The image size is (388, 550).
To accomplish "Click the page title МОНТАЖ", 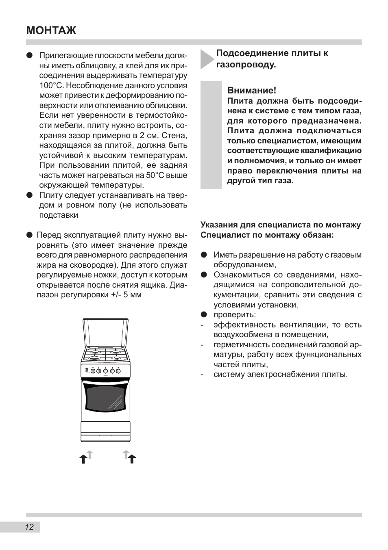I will pyautogui.click(x=51, y=30).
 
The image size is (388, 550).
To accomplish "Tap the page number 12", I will pyautogui.click(x=29, y=527).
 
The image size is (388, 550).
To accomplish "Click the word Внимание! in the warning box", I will pyautogui.click(x=251, y=90).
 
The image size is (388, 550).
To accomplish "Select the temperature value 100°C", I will pyautogui.click(x=52, y=85).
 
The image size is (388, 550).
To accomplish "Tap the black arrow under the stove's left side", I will pyautogui.click(x=83, y=459).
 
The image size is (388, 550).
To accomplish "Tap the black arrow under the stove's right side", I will pyautogui.click(x=132, y=459).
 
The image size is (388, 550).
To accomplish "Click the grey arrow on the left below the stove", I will pyautogui.click(x=90, y=454).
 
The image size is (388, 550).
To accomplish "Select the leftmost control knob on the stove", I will pyautogui.click(x=93, y=370).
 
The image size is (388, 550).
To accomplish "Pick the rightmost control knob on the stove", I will pyautogui.click(x=118, y=370).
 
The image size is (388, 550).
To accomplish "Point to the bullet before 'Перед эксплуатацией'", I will pyautogui.click(x=29, y=235).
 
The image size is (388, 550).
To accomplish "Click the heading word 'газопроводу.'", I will pyautogui.click(x=246, y=64).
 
